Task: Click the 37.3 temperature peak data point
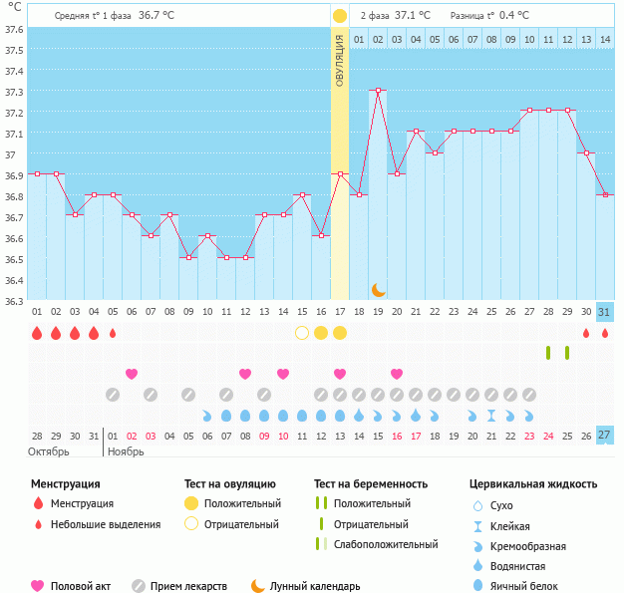tap(378, 91)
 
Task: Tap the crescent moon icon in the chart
tap(379, 290)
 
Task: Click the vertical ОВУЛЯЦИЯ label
tap(340, 61)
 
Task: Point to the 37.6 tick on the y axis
tap(13, 29)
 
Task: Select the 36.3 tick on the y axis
tap(13, 300)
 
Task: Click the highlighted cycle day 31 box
tap(604, 312)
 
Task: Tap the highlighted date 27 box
tap(604, 436)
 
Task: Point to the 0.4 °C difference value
tap(514, 16)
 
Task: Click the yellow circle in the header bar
tap(340, 16)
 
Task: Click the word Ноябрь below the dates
tap(125, 451)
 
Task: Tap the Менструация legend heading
tap(65, 484)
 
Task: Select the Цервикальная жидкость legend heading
tap(533, 484)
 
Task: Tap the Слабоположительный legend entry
tap(386, 544)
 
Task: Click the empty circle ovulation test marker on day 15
tap(302, 333)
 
